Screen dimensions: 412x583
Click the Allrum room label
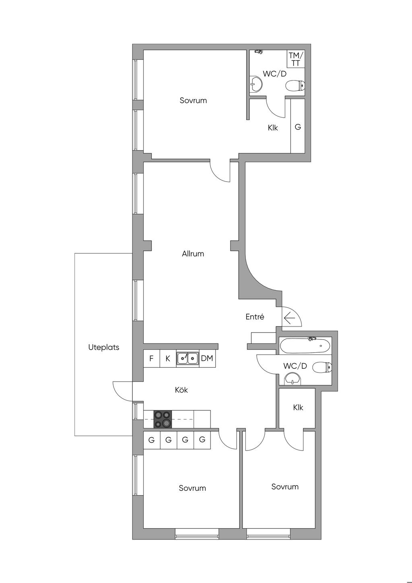pos(193,254)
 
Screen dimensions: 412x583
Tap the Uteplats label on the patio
pos(104,347)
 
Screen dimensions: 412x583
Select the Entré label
pos(255,316)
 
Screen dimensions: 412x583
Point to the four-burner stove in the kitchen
pos(163,419)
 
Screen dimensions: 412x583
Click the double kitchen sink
pos(187,359)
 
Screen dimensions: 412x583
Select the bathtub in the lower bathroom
pos(305,345)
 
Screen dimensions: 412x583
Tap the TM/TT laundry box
pos(296,59)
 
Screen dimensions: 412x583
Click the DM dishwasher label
pos(207,358)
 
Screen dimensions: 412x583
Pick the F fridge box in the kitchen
pos(151,359)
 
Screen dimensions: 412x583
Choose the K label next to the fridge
pos(168,359)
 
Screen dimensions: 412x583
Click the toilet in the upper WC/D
pos(295,85)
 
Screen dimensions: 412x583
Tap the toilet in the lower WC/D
pos(322,368)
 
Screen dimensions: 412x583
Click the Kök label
pos(181,390)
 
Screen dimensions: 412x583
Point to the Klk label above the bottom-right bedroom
pos(298,407)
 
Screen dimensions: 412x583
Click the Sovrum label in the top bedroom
pos(193,101)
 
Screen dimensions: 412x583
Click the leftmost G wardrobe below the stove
pos(151,440)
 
